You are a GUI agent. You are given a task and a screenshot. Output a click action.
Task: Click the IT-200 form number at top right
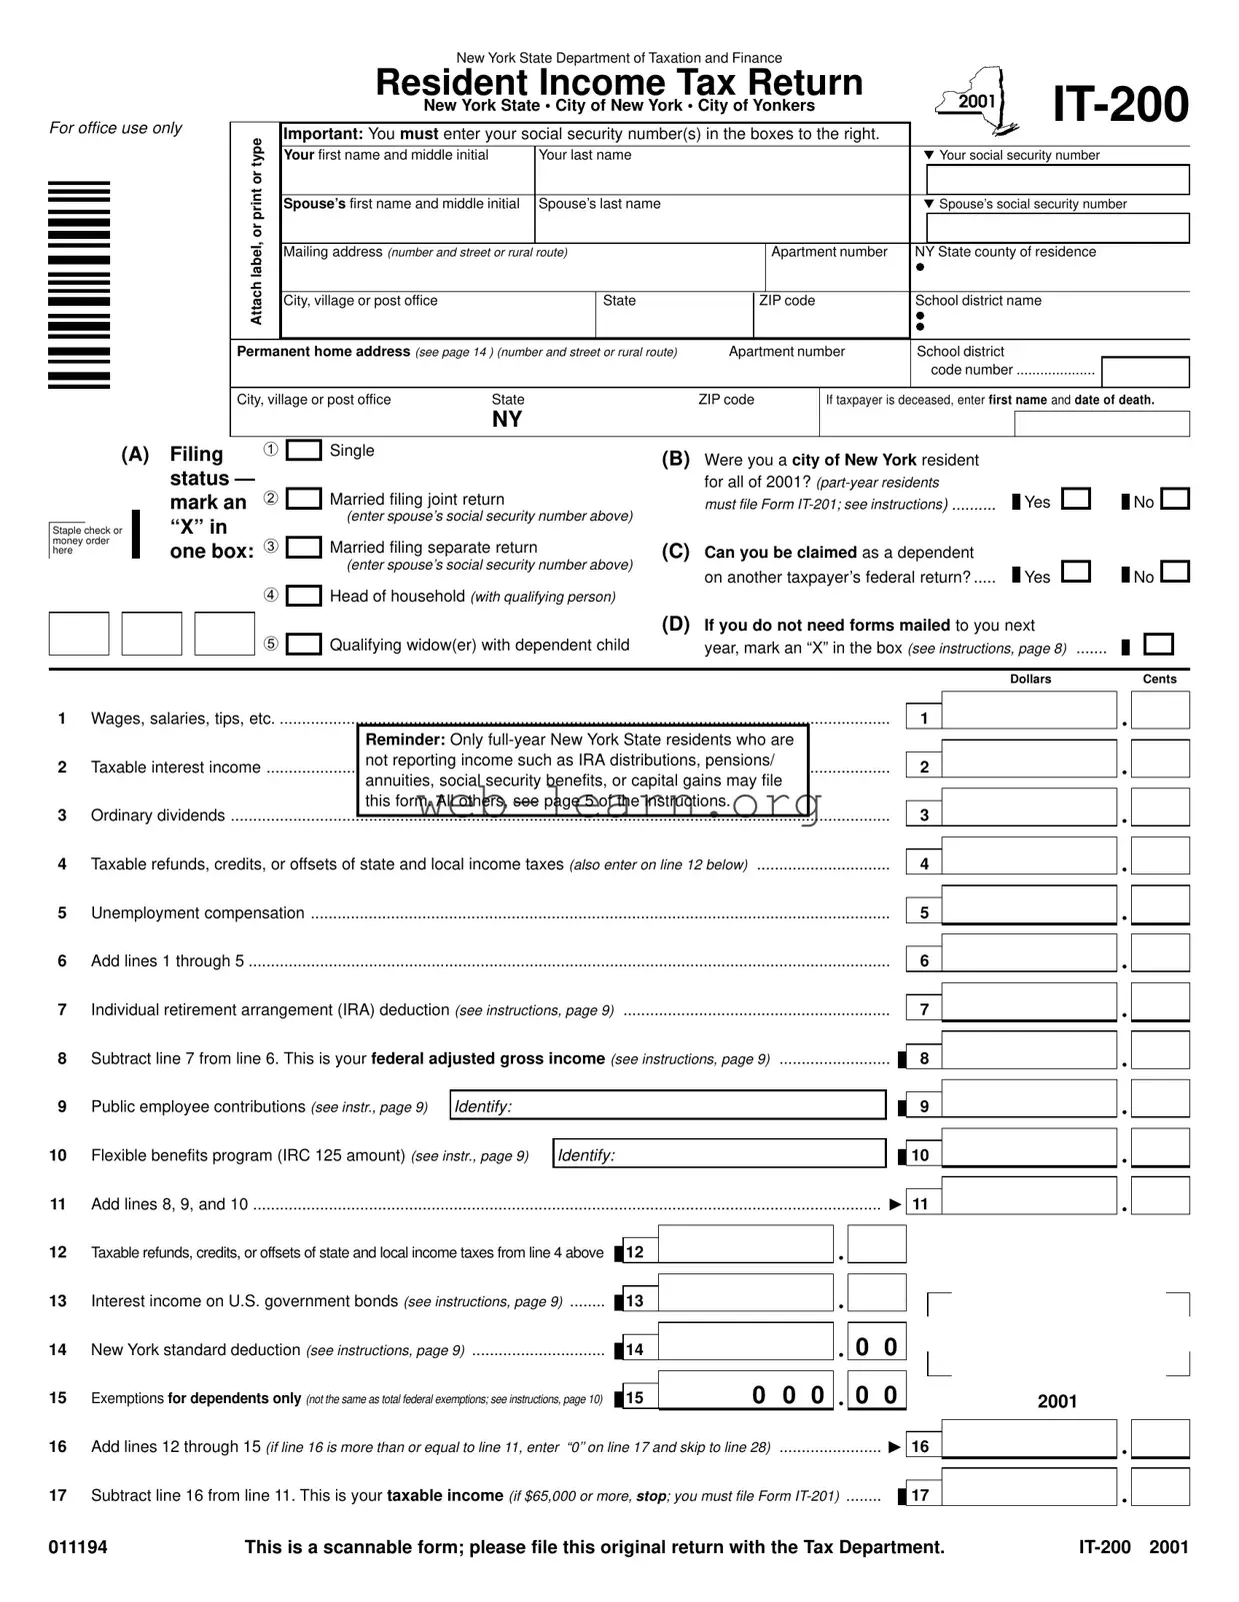(1120, 105)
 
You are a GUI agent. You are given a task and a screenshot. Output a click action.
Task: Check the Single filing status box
(304, 451)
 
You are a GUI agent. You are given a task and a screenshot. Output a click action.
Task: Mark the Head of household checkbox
(304, 596)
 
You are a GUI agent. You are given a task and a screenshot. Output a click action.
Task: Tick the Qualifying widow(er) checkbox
(304, 645)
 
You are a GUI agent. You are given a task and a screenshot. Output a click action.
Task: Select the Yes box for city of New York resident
(1075, 499)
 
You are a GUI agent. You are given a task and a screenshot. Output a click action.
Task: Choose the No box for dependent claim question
(1175, 573)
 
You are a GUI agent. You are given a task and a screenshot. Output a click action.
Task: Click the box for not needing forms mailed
(1158, 645)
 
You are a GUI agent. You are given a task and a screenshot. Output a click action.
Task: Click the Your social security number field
(1057, 180)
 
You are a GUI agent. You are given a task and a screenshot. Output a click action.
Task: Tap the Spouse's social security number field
(1057, 228)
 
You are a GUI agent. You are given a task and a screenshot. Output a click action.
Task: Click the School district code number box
(1145, 372)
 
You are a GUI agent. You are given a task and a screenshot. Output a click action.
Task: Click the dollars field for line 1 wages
(1028, 712)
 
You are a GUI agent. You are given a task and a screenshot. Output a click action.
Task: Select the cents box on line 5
(1160, 905)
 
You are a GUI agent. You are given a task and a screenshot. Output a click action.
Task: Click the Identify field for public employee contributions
(667, 1105)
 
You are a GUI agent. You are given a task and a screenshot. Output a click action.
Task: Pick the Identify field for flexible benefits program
(719, 1154)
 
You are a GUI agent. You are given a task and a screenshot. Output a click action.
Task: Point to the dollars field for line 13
(745, 1293)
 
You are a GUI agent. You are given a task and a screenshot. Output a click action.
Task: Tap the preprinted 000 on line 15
(788, 1395)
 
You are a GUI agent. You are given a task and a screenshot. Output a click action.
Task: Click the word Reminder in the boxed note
(404, 740)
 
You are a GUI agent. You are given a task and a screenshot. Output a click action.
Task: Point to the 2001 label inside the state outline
(976, 102)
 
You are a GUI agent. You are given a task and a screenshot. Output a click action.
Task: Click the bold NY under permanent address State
(507, 420)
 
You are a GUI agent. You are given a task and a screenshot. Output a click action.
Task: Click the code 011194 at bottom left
(78, 1547)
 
